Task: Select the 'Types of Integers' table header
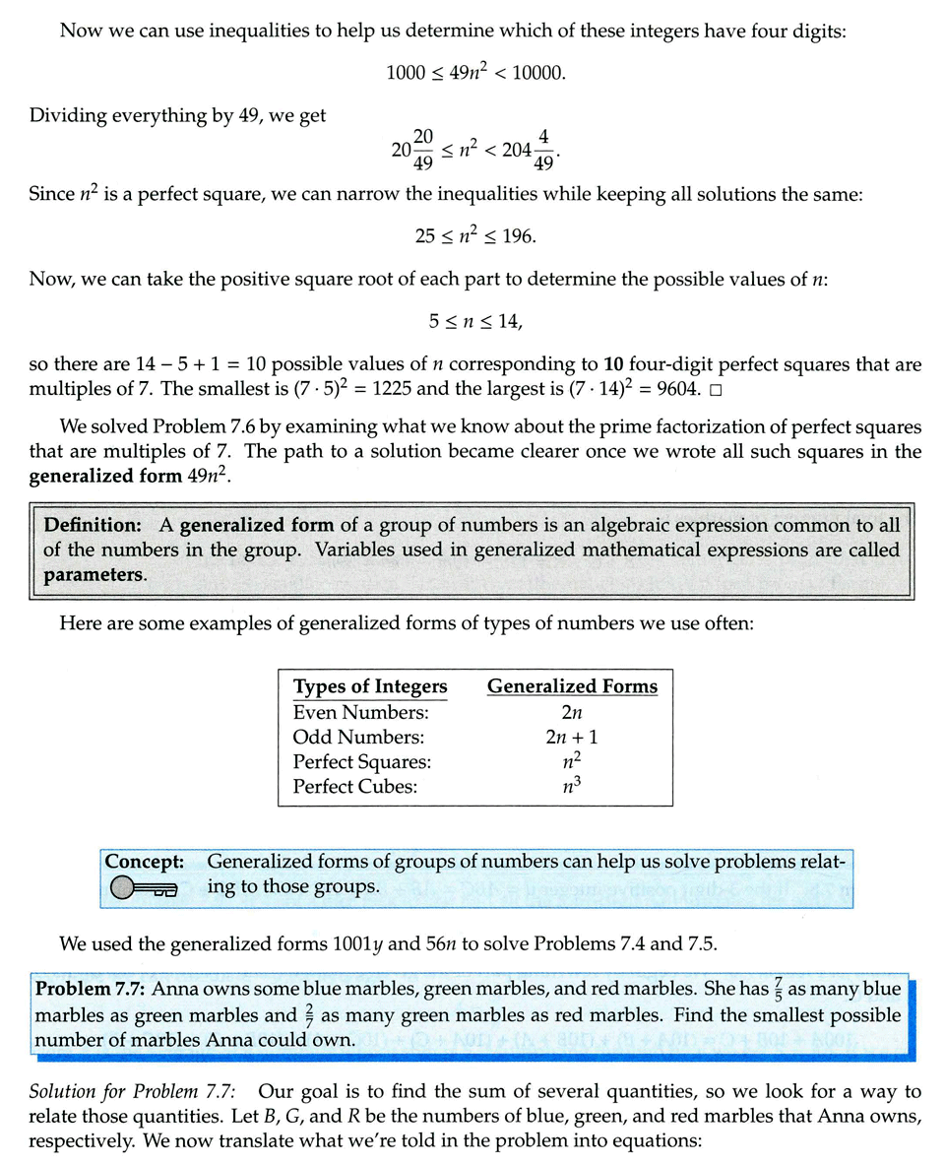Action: (370, 686)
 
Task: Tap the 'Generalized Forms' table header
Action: (572, 686)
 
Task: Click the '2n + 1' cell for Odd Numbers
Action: (572, 737)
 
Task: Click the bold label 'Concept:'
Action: (145, 861)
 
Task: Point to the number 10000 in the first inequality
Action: (541, 73)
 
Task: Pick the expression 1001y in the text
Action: (359, 944)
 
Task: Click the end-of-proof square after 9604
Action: (716, 389)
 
